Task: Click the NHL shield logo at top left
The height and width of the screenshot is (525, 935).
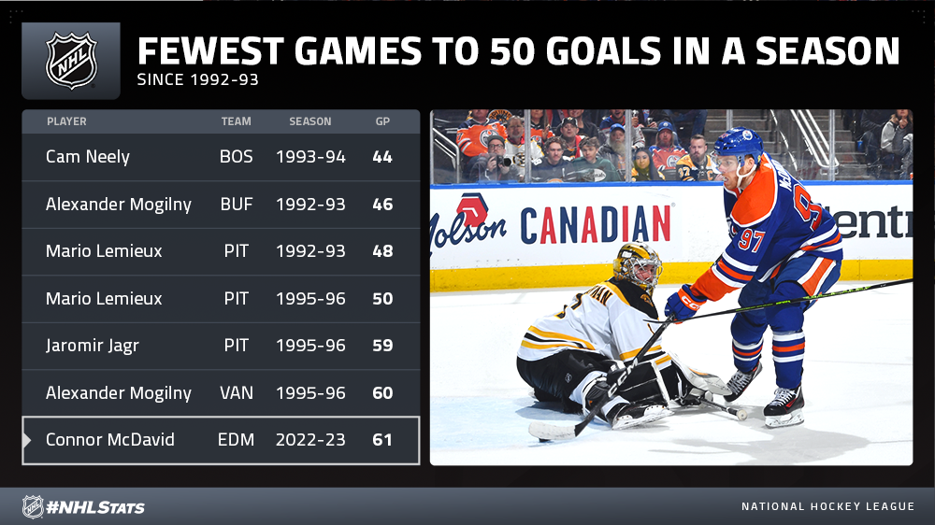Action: click(x=72, y=61)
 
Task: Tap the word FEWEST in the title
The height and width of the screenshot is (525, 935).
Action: click(x=210, y=50)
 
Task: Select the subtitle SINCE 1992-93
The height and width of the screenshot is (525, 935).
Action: click(x=198, y=79)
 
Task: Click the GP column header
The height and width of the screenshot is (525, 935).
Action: click(x=382, y=121)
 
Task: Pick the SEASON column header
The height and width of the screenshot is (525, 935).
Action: click(x=310, y=121)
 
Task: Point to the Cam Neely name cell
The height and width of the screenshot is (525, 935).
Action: click(x=88, y=157)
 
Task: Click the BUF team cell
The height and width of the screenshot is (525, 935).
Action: click(x=237, y=205)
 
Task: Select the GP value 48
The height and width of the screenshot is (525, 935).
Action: click(x=382, y=251)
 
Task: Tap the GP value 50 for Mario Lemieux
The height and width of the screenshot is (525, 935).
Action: click(x=382, y=299)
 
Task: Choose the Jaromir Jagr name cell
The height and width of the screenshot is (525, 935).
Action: click(x=93, y=346)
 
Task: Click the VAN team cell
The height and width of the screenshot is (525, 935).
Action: click(x=237, y=392)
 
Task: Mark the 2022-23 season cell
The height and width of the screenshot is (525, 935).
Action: click(x=310, y=440)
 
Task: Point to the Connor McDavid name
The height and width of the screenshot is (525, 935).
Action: click(x=110, y=440)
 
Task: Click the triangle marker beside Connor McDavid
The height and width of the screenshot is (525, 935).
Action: click(x=27, y=440)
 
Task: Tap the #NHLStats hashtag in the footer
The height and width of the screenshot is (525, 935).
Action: click(x=95, y=507)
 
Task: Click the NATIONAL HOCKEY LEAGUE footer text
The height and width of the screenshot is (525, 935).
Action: click(x=827, y=506)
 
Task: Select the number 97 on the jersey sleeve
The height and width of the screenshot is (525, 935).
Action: click(x=752, y=239)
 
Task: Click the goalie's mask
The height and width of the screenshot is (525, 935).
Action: click(x=638, y=266)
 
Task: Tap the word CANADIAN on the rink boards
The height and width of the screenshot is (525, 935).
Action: click(x=595, y=225)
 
